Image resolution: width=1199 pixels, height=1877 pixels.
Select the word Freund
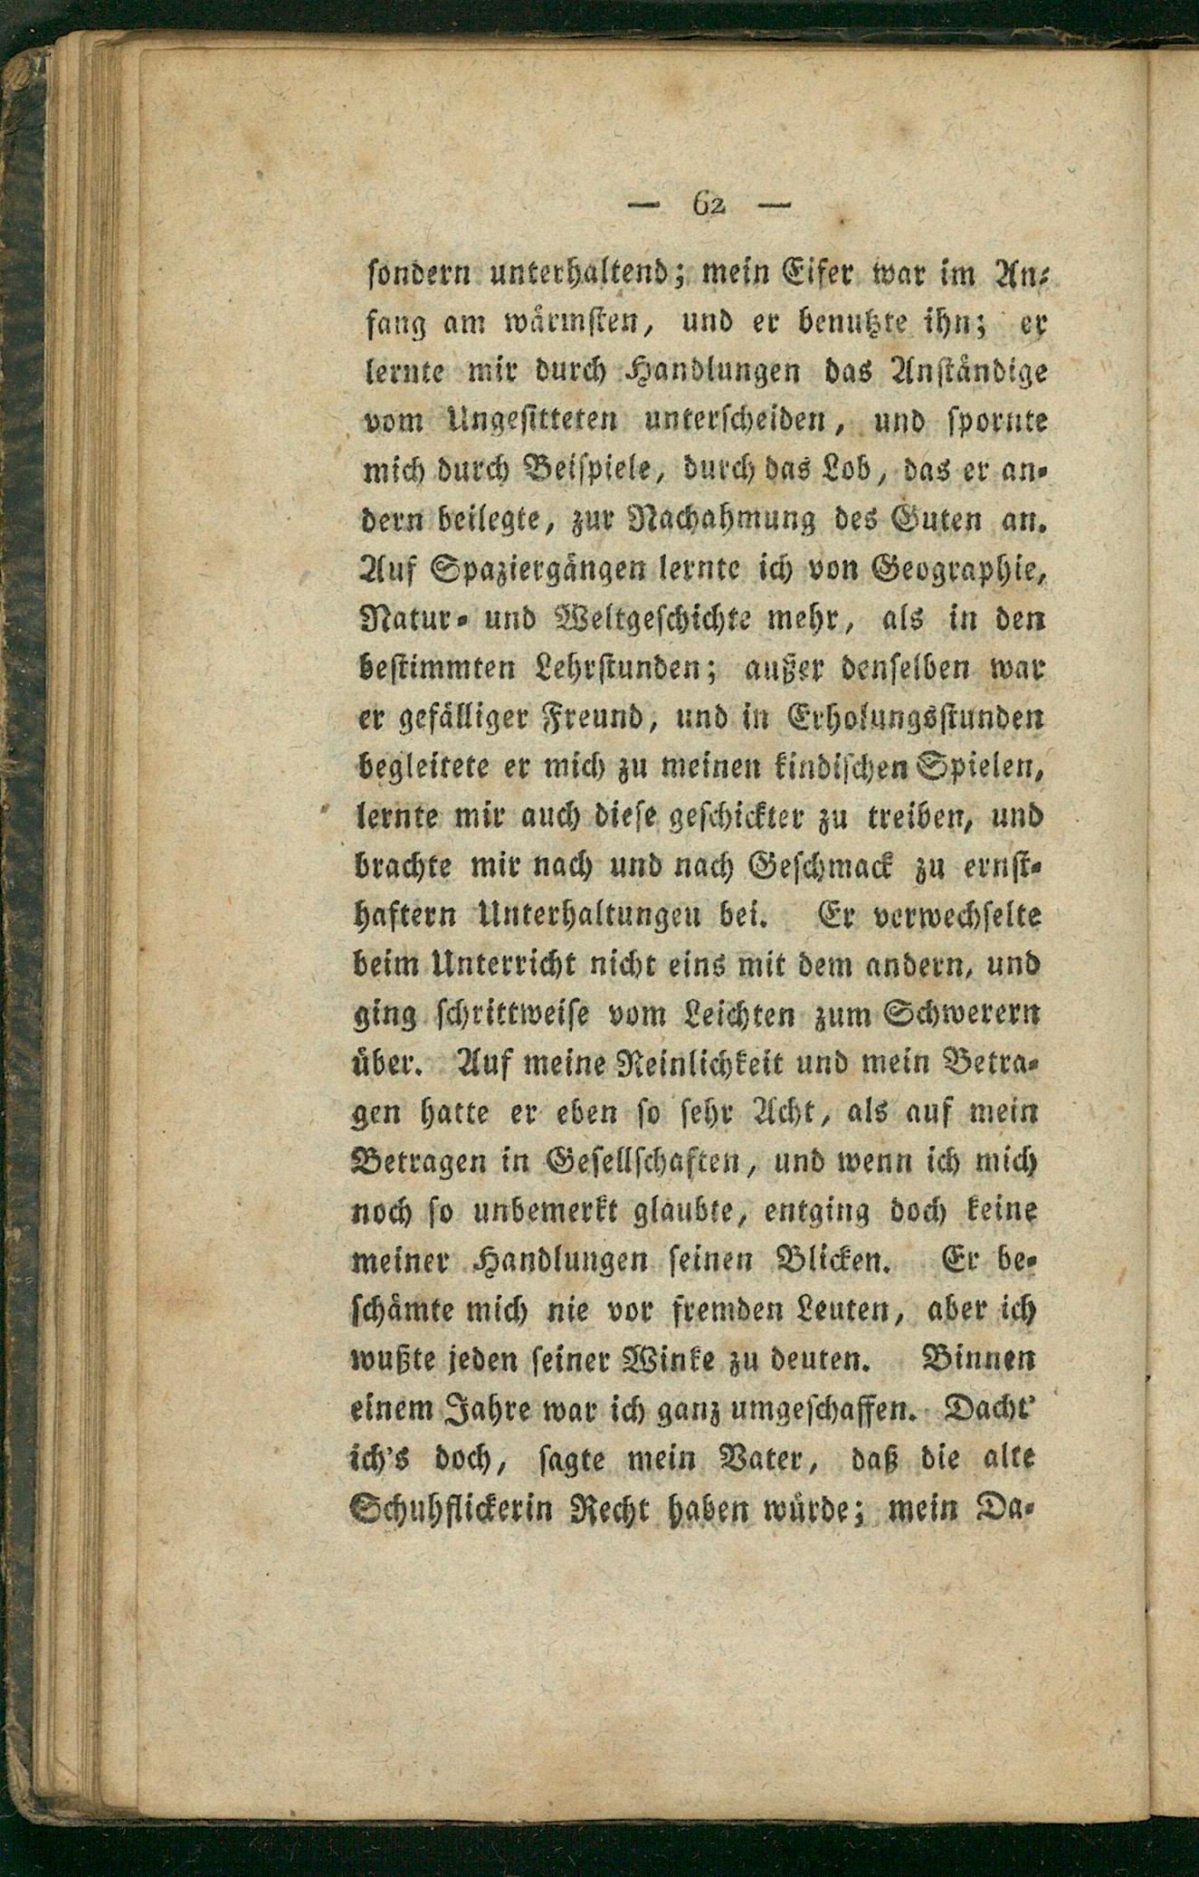593,720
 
